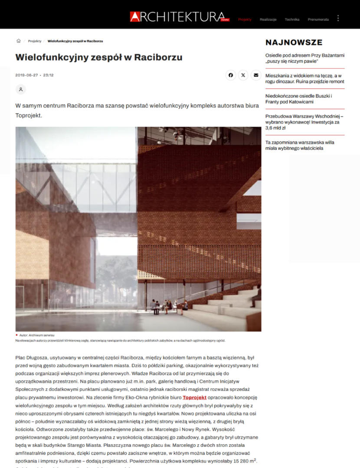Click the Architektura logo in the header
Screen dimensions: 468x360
pyautogui.click(x=180, y=17)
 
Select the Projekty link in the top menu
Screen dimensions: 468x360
pyautogui.click(x=245, y=19)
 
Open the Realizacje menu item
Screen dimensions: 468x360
pyautogui.click(x=268, y=19)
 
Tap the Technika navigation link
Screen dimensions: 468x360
pyautogui.click(x=292, y=19)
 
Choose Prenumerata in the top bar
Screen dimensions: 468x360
pyautogui.click(x=318, y=19)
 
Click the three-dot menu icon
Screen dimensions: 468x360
pyautogui.click(x=338, y=19)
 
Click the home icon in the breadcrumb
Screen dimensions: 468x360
pyautogui.click(x=19, y=41)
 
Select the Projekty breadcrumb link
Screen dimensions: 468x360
pyautogui.click(x=35, y=41)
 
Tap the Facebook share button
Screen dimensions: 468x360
pyautogui.click(x=231, y=75)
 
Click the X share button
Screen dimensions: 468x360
pyautogui.click(x=243, y=75)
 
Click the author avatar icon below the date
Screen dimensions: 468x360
pyautogui.click(x=20, y=89)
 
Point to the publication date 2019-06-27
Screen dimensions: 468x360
pyautogui.click(x=26, y=75)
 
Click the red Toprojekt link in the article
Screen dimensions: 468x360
pyautogui.click(x=194, y=397)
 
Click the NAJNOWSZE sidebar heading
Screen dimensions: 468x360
pyautogui.click(x=294, y=42)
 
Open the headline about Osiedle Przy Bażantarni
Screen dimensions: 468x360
pyautogui.click(x=304, y=58)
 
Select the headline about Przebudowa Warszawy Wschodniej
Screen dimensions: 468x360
pyautogui.click(x=304, y=122)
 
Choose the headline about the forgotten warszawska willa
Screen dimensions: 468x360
pyautogui.click(x=300, y=145)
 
